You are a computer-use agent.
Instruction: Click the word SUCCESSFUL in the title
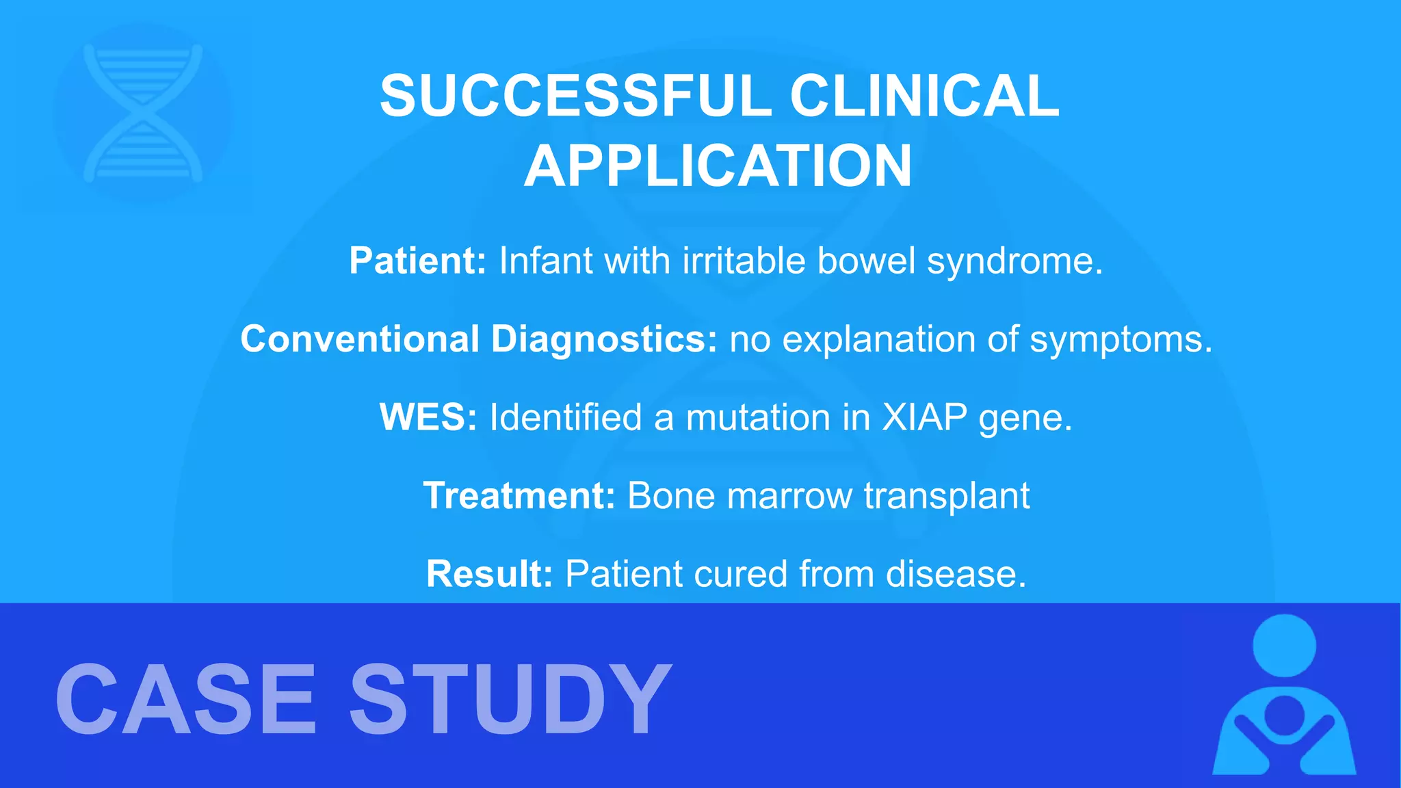point(575,96)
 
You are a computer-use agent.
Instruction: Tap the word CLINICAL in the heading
point(924,96)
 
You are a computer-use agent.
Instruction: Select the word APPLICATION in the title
point(718,166)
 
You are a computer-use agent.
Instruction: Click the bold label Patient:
point(417,261)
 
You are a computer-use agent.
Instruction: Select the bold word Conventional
point(360,339)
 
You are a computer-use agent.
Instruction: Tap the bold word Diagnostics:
point(604,339)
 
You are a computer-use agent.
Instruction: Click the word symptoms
point(1121,340)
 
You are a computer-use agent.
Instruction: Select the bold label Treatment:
point(519,495)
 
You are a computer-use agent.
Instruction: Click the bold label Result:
point(489,573)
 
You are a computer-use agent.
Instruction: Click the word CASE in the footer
point(185,700)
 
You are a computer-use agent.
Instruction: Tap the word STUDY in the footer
point(510,700)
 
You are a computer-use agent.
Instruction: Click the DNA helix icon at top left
point(142,114)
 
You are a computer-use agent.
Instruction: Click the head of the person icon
point(1284,646)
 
